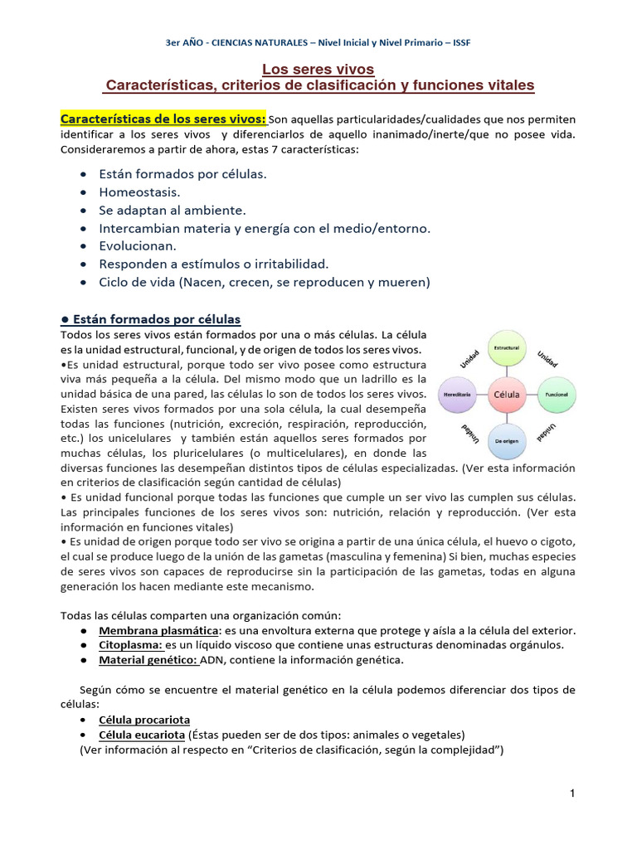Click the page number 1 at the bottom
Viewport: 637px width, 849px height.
coord(572,794)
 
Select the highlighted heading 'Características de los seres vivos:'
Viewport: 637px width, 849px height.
coord(163,119)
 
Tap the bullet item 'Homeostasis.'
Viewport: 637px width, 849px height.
coord(139,192)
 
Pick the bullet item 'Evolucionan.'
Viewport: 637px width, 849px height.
coord(138,245)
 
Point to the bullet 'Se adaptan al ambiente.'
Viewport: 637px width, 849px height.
coord(173,210)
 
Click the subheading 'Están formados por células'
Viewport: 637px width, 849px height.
coord(151,319)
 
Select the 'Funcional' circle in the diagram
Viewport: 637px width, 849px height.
coord(555,395)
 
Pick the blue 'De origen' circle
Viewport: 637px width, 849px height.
coord(507,440)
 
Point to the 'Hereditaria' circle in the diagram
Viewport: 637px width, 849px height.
coord(459,395)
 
